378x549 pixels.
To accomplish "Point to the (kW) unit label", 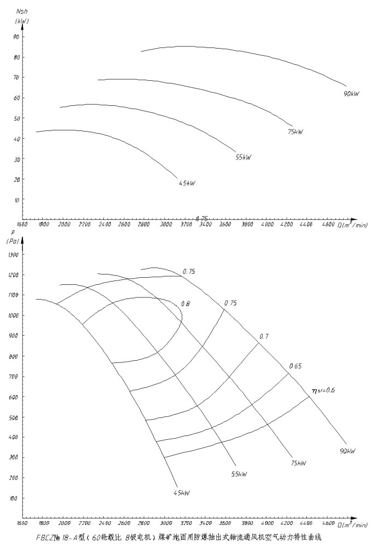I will (x=22, y=21).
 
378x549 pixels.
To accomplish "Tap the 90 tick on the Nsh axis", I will (x=16, y=37).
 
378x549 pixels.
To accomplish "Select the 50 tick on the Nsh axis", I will (x=16, y=118).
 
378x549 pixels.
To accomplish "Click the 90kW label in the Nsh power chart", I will (x=351, y=93).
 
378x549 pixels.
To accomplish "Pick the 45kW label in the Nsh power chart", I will (x=187, y=183).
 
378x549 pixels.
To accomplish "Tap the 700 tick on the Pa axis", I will (x=14, y=377).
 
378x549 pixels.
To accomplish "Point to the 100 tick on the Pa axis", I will (x=14, y=499).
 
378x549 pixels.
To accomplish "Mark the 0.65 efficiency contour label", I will (x=296, y=366).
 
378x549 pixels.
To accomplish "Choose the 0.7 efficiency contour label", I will (x=264, y=337).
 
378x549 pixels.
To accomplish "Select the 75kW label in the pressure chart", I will (x=298, y=463).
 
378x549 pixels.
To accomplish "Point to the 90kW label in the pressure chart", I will (x=347, y=451).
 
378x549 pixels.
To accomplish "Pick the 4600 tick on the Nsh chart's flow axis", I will (x=328, y=224).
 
